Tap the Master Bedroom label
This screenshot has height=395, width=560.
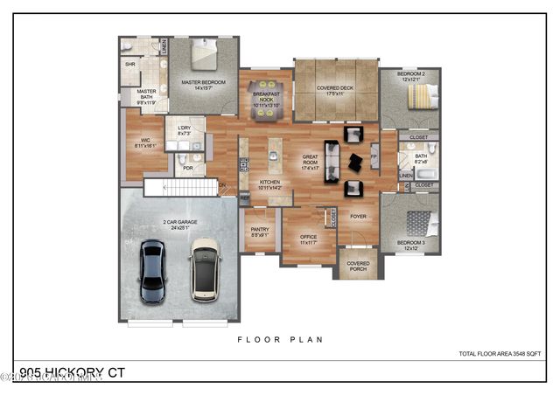[x=203, y=85]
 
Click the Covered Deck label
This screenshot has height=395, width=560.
[x=335, y=89]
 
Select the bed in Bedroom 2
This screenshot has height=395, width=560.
[x=417, y=100]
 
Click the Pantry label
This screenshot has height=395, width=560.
[x=260, y=232]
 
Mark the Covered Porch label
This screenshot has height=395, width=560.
[x=358, y=266]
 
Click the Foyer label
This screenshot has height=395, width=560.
[x=359, y=217]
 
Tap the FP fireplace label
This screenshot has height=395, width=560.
[x=374, y=158]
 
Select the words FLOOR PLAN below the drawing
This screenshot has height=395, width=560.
[x=279, y=338]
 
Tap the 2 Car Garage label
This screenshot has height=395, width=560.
[x=179, y=225]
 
